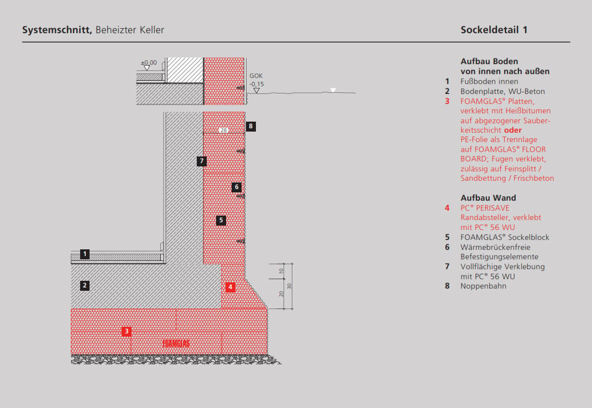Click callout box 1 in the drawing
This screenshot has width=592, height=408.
[x=85, y=254]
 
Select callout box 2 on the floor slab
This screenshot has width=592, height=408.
[x=85, y=285]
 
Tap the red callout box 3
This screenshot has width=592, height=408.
[x=127, y=331]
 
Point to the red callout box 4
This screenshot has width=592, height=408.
[x=230, y=287]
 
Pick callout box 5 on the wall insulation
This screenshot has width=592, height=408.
[x=221, y=220]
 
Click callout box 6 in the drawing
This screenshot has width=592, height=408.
[x=237, y=187]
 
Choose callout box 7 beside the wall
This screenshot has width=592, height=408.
[x=202, y=161]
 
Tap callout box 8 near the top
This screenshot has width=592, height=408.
[x=251, y=126]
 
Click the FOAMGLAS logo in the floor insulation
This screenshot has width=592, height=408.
[x=176, y=343]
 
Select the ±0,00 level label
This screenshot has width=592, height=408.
[x=149, y=62]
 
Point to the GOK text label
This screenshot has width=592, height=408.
[x=256, y=76]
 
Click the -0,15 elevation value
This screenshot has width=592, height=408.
[x=256, y=84]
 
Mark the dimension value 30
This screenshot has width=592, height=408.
[x=289, y=286]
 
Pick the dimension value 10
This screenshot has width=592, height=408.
[x=281, y=271]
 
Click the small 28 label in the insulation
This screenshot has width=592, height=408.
[x=223, y=130]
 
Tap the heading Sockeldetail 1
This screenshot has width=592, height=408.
[x=494, y=30]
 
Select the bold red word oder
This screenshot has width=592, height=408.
[x=513, y=130]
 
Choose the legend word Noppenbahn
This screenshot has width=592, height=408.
[x=483, y=286]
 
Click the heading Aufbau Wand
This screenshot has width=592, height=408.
[x=488, y=198]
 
